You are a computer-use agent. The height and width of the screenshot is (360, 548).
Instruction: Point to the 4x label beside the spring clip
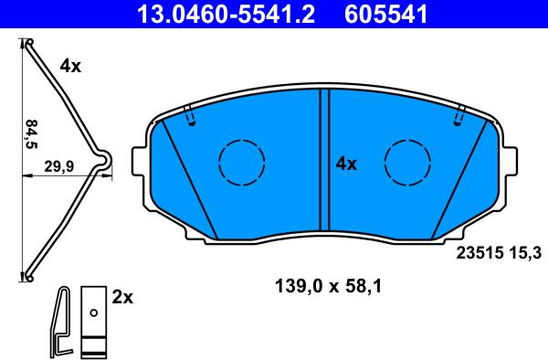pos(70,66)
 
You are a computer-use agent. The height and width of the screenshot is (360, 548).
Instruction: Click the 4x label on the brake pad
pos(345,164)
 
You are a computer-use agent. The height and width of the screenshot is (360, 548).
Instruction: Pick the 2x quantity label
pos(123,297)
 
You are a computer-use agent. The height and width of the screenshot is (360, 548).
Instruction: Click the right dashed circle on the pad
pos(407,163)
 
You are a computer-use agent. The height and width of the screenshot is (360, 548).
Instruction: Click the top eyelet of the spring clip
pos(28,43)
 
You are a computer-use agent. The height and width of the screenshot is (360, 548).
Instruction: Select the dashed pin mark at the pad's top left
pos(189,117)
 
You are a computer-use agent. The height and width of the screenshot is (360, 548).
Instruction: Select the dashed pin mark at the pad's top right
pos(459,117)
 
